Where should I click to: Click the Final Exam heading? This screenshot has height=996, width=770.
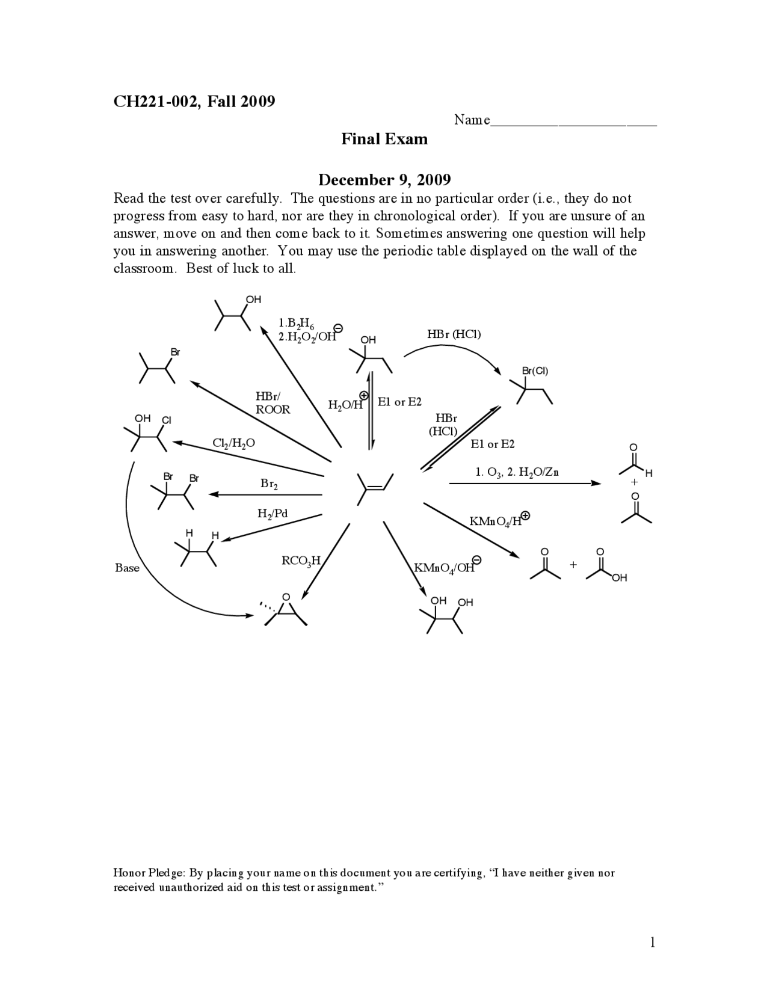pyautogui.click(x=384, y=139)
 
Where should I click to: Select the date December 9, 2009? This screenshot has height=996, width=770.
pyautogui.click(x=384, y=180)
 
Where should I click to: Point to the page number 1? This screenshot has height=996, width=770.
pyautogui.click(x=652, y=942)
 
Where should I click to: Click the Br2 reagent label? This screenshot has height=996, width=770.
pyautogui.click(x=269, y=484)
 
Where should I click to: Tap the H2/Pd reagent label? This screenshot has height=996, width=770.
pyautogui.click(x=272, y=514)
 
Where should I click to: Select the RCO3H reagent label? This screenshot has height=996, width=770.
pyautogui.click(x=301, y=561)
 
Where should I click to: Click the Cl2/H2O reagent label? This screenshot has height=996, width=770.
pyautogui.click(x=233, y=443)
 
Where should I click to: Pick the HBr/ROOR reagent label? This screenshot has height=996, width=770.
pyautogui.click(x=273, y=403)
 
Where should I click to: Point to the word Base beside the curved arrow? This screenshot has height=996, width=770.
pyautogui.click(x=127, y=568)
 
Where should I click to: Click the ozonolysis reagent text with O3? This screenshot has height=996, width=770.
pyautogui.click(x=517, y=472)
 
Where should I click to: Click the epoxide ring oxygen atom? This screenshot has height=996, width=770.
pyautogui.click(x=286, y=597)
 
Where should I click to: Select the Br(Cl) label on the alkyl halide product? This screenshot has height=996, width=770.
pyautogui.click(x=535, y=371)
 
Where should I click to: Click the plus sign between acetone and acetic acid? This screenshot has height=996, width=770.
pyautogui.click(x=573, y=565)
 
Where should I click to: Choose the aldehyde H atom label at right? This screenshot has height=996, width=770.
pyautogui.click(x=648, y=474)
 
